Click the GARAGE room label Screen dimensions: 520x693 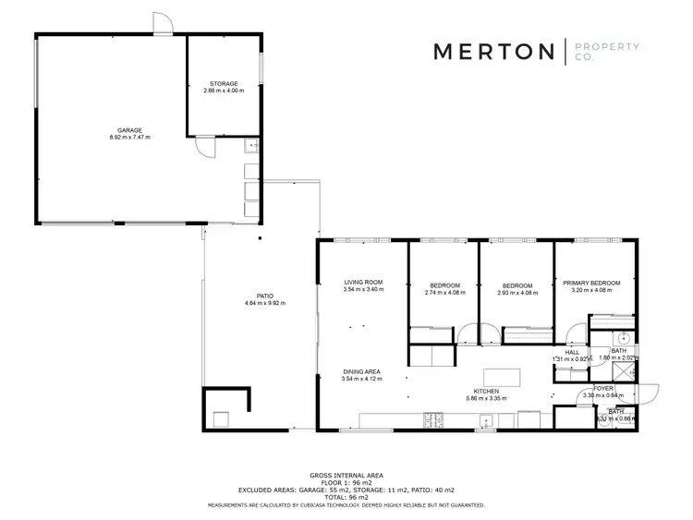tap(129, 130)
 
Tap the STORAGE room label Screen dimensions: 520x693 tap(224, 84)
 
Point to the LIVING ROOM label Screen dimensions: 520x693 tap(362, 282)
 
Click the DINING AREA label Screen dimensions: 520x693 tap(361, 371)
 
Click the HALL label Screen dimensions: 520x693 tap(572, 351)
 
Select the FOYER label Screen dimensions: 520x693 tap(603, 388)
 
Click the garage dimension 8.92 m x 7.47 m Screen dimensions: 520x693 tap(129, 138)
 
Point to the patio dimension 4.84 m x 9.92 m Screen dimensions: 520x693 tap(264, 304)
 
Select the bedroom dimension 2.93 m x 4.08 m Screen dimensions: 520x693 tap(517, 293)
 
